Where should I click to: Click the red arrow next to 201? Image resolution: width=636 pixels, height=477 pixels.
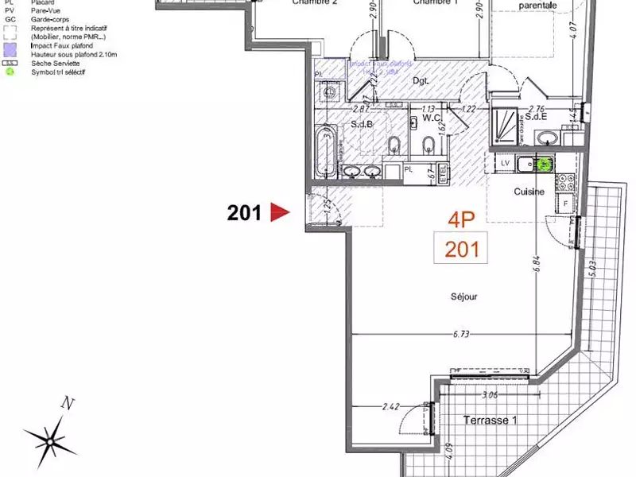(x=280, y=212)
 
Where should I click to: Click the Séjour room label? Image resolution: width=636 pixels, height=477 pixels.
(x=463, y=297)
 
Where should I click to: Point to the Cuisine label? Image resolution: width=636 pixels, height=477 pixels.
(x=529, y=192)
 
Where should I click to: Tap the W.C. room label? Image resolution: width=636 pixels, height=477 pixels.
(x=432, y=118)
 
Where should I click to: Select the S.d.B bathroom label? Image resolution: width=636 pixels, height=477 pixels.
(x=363, y=125)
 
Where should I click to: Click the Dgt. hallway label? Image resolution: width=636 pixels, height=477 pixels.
(x=421, y=80)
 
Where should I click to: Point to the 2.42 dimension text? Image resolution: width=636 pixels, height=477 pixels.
(x=390, y=406)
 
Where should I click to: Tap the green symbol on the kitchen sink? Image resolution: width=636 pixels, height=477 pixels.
(x=544, y=165)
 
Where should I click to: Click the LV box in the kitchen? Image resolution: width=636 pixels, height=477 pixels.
(x=504, y=163)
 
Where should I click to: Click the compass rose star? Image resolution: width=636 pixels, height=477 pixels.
(x=51, y=436)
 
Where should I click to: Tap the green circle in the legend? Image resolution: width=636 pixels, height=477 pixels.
(x=10, y=72)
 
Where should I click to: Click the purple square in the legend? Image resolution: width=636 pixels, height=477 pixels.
(x=10, y=47)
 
